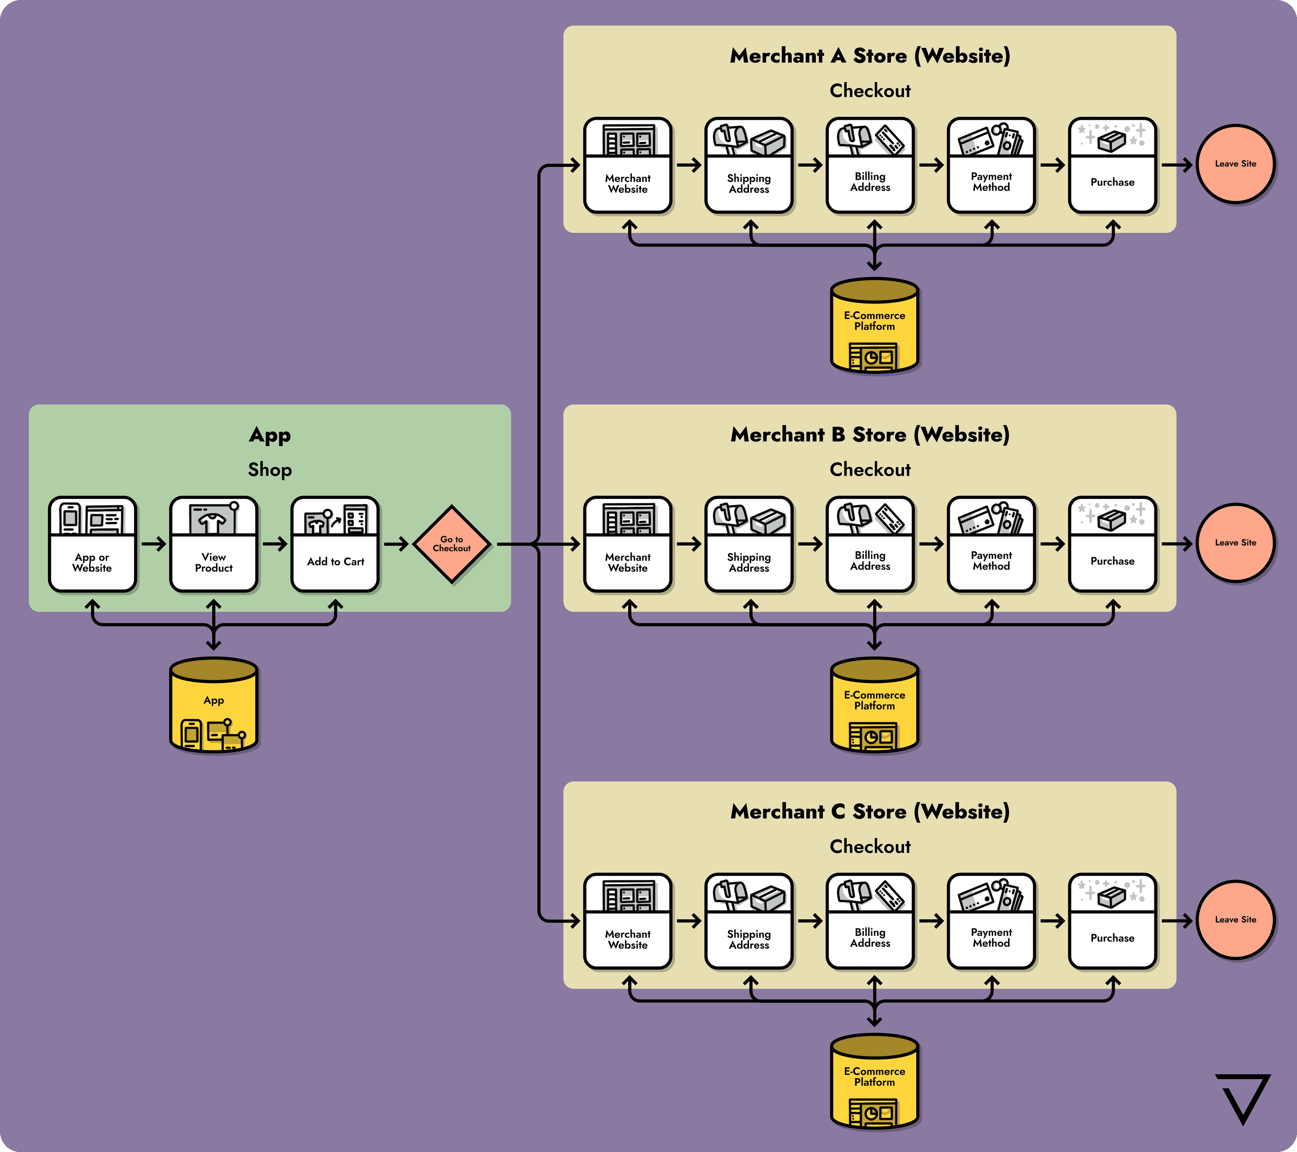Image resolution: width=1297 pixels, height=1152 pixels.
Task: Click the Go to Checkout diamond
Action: point(451,544)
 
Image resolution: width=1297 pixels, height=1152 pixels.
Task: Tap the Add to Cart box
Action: point(335,544)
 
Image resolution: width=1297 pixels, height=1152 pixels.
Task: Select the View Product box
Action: point(214,544)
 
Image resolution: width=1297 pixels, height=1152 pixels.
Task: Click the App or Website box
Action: point(93,544)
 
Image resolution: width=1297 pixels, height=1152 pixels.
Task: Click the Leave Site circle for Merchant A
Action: point(1235,164)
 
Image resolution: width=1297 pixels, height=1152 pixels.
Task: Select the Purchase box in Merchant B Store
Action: point(1112,544)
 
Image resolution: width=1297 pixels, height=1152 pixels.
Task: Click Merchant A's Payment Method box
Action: point(991,165)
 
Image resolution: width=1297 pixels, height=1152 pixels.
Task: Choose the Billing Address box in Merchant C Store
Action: point(870,921)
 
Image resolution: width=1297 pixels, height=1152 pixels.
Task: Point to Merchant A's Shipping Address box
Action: point(749,165)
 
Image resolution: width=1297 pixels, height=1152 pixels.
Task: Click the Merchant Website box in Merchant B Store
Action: point(628,544)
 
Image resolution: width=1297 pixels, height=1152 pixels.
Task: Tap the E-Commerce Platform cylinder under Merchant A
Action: point(875,325)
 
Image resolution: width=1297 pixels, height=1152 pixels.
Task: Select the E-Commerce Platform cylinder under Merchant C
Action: point(875,1082)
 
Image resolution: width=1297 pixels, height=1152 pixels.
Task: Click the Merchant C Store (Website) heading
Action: point(870,811)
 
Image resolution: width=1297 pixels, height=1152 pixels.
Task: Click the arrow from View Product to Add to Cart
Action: point(275,544)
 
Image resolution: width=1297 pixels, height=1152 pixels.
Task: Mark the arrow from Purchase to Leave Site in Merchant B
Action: point(1177,544)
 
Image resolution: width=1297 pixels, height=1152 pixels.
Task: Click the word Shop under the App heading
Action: point(270,470)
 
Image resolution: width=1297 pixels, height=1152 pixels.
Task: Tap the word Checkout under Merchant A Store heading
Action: point(870,91)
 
